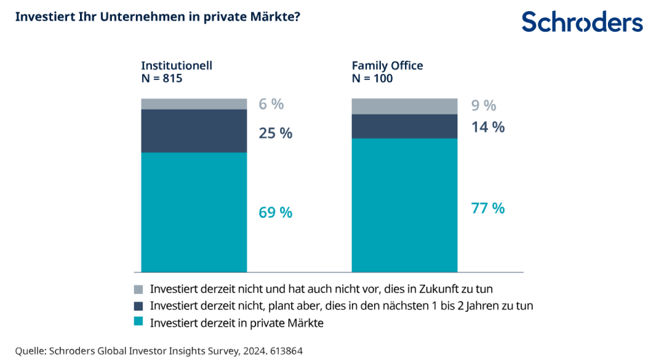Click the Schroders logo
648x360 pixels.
coord(582,22)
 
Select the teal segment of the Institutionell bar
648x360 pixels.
coord(194,212)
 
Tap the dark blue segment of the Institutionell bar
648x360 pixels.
coord(194,130)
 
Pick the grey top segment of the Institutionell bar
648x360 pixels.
coord(194,103)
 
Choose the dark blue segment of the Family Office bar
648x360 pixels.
coord(404,126)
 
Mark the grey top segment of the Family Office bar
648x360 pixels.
coord(404,106)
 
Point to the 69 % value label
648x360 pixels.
coord(275,212)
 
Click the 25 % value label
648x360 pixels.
coord(275,133)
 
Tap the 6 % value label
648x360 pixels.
coord(271,104)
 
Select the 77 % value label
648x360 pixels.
coord(488,208)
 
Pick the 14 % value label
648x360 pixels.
coord(488,127)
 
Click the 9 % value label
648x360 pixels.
coord(484,106)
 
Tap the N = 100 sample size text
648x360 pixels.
coord(372,79)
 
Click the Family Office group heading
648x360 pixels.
coord(387,66)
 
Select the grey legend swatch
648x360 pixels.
coord(138,290)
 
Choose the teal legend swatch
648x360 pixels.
coord(138,322)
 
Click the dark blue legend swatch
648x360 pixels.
coord(138,306)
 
